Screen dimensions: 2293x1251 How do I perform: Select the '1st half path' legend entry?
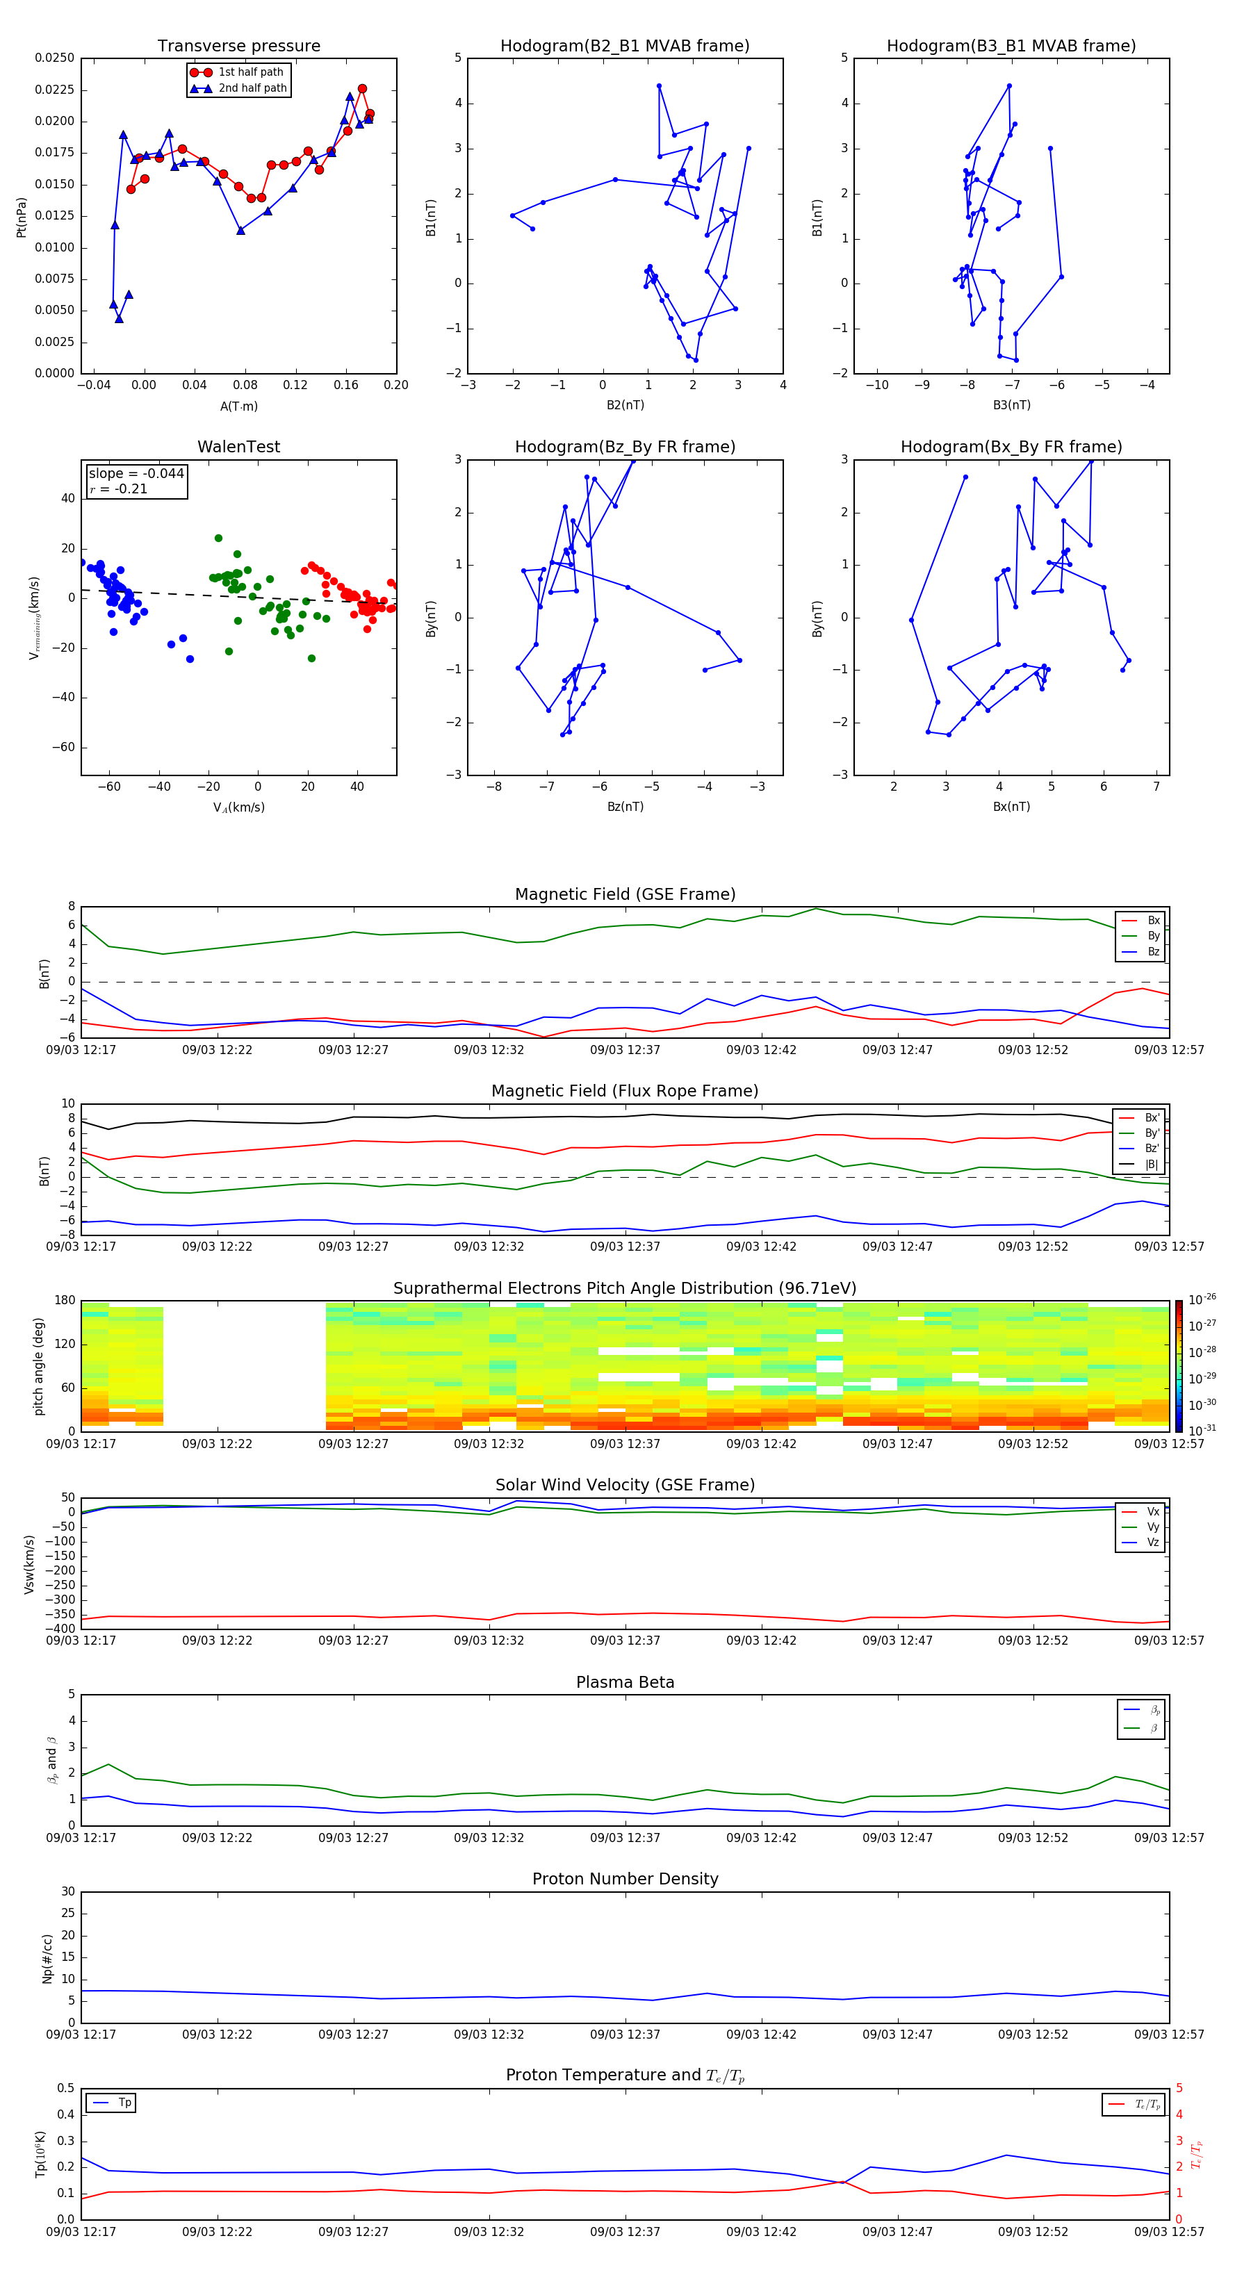click(x=250, y=72)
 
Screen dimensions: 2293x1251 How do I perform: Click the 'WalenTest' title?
click(x=238, y=447)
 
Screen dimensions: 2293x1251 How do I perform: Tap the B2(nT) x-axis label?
click(x=625, y=405)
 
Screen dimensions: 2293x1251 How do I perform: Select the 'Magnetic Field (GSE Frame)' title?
click(x=625, y=894)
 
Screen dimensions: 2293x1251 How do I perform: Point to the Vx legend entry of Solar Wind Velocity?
click(x=1152, y=1511)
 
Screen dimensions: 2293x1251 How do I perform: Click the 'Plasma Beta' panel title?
click(x=625, y=1682)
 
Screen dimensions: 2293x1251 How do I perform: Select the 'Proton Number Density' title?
click(x=625, y=1879)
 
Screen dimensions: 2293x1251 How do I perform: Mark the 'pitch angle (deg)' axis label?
click(x=39, y=1365)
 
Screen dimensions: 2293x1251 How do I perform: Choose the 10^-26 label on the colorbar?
click(x=1202, y=1299)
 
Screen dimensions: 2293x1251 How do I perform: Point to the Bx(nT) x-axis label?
click(x=1011, y=807)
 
